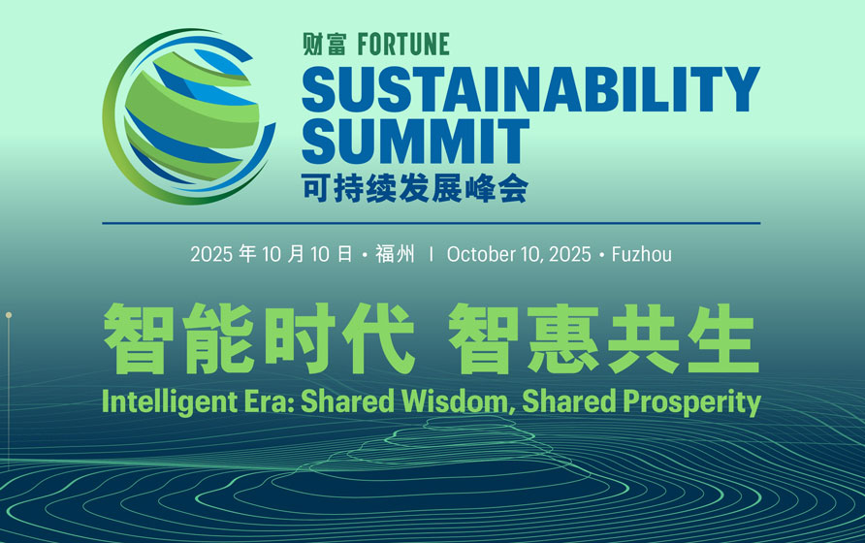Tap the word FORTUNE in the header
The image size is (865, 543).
[403, 45]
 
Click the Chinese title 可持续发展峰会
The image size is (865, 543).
[415, 187]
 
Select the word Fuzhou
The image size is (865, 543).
[642, 255]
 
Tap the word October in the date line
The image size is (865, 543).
[482, 255]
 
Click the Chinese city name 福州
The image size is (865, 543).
[395, 255]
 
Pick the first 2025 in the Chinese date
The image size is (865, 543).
[212, 255]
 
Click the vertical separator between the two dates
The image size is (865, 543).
[431, 255]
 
